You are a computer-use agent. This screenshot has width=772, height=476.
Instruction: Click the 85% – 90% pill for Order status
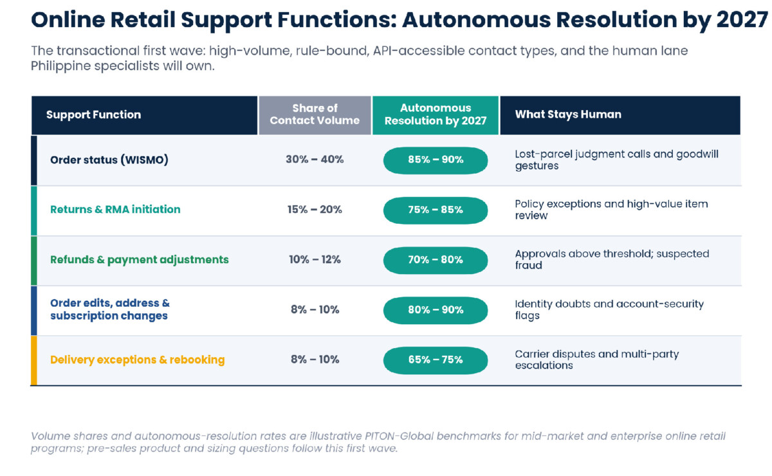[x=436, y=160]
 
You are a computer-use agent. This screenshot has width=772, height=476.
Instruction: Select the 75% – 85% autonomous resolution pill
[x=436, y=210]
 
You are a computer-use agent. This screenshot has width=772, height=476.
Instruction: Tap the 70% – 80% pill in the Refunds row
[x=436, y=261]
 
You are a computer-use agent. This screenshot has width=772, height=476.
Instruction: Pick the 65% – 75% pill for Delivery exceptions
[x=436, y=360]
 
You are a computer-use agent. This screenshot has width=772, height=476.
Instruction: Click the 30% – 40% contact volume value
[x=315, y=160]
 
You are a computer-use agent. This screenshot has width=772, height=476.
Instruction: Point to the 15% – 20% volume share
[x=315, y=209]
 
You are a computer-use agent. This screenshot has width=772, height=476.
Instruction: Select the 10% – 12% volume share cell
[x=315, y=259]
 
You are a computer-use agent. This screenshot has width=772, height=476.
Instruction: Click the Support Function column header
[x=93, y=114]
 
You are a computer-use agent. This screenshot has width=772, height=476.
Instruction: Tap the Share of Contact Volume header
[x=315, y=114]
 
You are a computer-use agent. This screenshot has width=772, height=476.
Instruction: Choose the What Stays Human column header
[x=568, y=114]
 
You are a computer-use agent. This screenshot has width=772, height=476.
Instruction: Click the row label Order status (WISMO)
[x=109, y=160]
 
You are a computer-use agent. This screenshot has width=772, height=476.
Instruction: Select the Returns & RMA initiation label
[x=115, y=209]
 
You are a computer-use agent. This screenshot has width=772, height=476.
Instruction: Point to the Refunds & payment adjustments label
[x=139, y=259]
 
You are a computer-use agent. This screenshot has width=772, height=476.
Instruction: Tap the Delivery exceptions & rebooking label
[x=137, y=360]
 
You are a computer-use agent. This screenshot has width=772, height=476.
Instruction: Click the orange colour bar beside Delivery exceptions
[x=33, y=360]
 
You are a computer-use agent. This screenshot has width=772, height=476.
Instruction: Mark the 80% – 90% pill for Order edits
[x=436, y=310]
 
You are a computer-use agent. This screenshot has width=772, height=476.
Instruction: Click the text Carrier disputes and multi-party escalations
[x=596, y=360]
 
